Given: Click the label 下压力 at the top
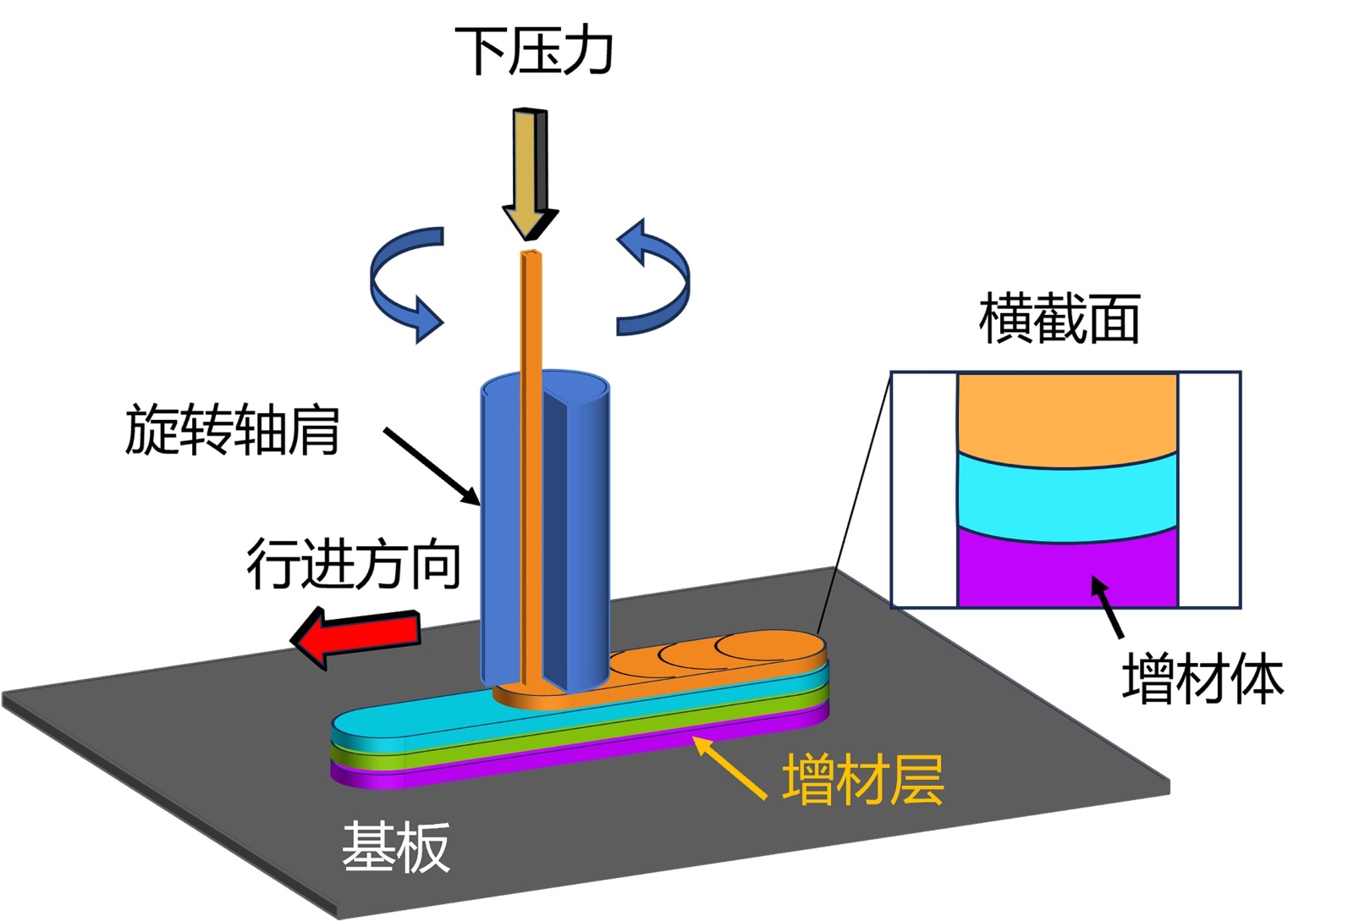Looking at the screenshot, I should point(532,51).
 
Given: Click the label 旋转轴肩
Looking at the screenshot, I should point(232,430).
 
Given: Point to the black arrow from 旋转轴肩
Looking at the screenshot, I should point(432,467).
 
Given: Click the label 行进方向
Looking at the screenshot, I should point(353,565).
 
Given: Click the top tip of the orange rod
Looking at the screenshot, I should point(531,255).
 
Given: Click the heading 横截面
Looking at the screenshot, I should point(1059,319).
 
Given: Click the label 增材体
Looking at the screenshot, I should point(1202,679).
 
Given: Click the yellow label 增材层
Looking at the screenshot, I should point(862,779).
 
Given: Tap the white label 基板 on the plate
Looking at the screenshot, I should point(395,847).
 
